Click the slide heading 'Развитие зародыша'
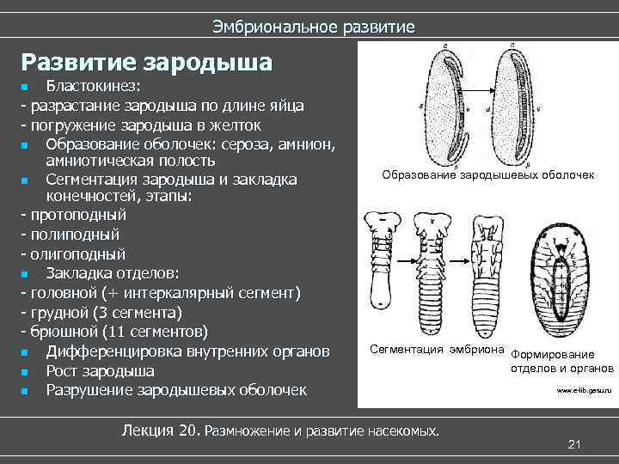coord(147,63)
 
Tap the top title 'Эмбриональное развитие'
coord(314,27)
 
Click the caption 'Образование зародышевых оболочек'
coord(488,175)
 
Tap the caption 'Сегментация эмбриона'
coord(437,349)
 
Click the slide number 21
coord(575,443)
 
